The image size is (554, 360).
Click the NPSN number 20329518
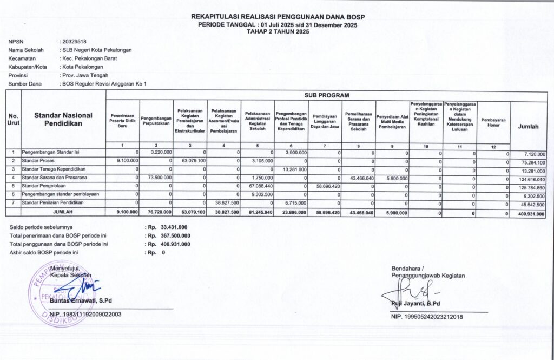click(x=74, y=41)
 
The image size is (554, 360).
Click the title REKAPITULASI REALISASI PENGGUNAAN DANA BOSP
click(x=278, y=17)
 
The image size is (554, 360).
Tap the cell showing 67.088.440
click(x=259, y=186)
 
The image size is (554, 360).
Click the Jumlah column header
click(x=528, y=126)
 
